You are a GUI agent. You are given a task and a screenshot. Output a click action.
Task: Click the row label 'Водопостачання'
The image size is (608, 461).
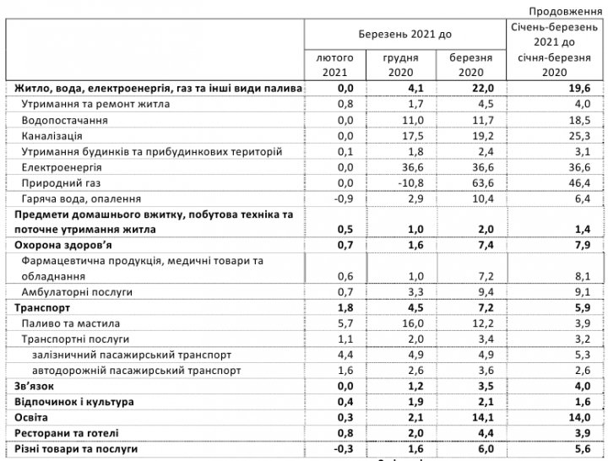coord(65,121)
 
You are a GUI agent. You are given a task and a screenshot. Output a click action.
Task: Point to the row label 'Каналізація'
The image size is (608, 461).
coord(52,136)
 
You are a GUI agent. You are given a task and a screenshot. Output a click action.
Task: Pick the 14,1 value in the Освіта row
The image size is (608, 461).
coord(472,417)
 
